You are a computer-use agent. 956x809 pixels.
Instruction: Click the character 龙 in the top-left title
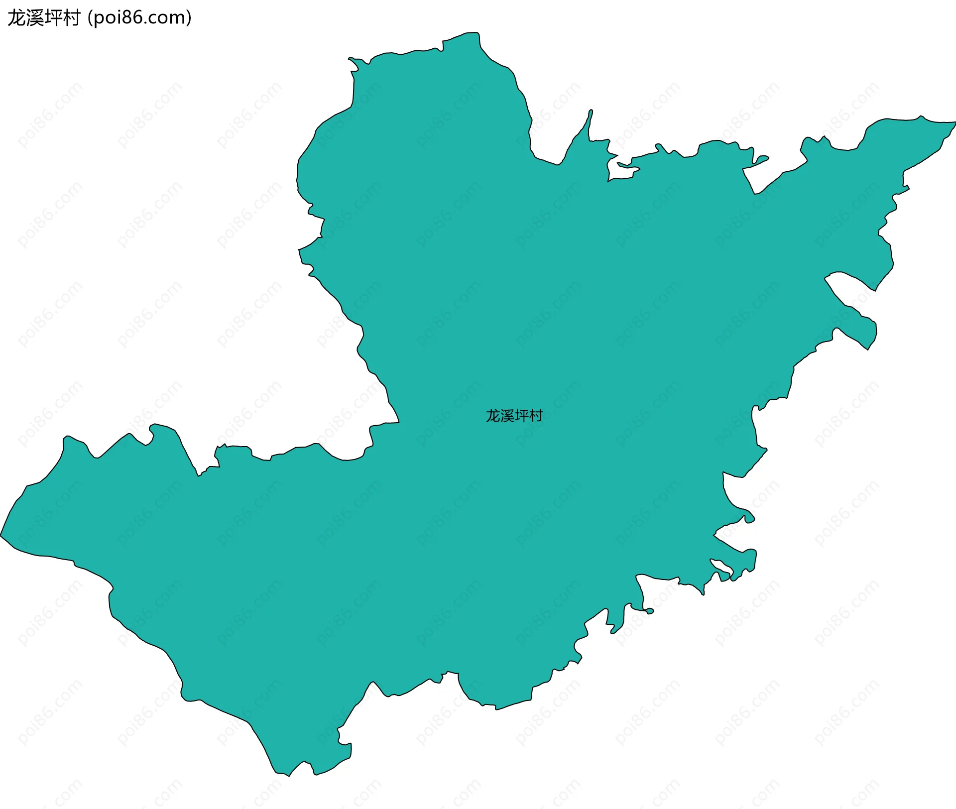coord(16,18)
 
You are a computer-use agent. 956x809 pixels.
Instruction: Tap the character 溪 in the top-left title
coord(35,18)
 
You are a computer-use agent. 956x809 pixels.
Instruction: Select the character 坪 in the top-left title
coord(53,18)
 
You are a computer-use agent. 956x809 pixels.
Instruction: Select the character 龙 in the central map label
coord(493,416)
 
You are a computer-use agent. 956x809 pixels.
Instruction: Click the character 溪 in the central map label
coord(507,416)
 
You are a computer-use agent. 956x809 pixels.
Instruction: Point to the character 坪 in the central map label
coord(521,416)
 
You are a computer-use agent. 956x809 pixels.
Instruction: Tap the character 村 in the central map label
coord(536,416)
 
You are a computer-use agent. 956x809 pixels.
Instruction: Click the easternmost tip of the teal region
coord(955,122)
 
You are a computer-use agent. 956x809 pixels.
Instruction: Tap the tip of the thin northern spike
coord(591,111)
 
